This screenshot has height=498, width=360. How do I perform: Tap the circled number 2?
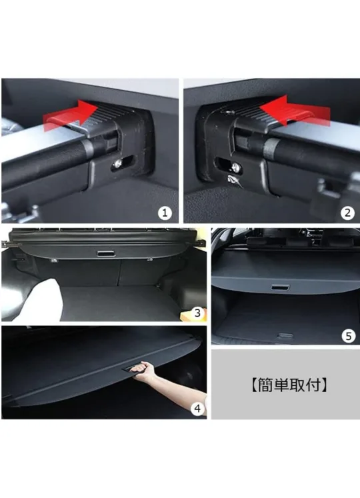(x=347, y=213)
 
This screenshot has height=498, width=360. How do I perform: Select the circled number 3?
(x=197, y=312)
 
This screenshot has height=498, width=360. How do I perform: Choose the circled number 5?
(x=349, y=336)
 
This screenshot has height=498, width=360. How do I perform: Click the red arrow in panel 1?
(x=67, y=117)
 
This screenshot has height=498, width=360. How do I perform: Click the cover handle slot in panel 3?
(x=106, y=255)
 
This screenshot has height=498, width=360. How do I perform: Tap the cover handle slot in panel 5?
(x=281, y=286)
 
